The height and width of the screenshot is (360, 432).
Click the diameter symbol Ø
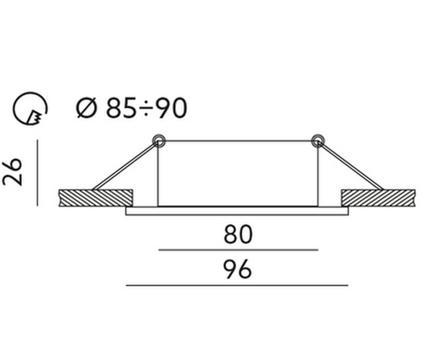coord(87,108)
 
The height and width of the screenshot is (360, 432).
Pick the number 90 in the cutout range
coord(171,108)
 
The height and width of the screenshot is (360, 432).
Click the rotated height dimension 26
coord(12,171)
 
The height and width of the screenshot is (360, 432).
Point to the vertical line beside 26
coord(37,173)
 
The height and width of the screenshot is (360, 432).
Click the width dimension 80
coord(238,235)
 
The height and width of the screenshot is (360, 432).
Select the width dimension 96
coord(238,269)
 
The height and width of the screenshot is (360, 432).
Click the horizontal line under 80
coord(238,250)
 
